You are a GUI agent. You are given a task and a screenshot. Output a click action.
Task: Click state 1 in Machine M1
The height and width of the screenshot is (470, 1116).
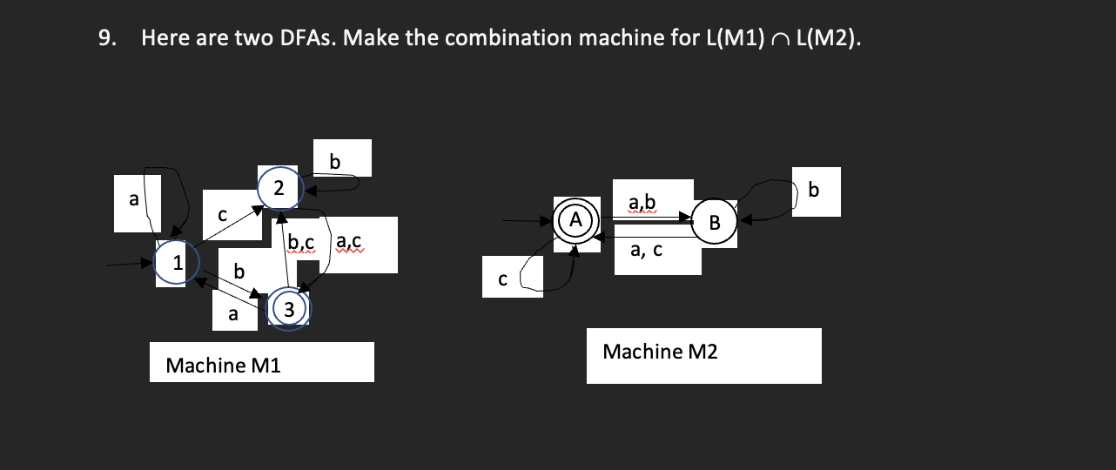click(177, 263)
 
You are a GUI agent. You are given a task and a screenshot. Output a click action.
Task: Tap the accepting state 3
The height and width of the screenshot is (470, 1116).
click(290, 308)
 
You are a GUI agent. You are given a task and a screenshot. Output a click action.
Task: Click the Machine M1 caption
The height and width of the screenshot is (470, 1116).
click(223, 365)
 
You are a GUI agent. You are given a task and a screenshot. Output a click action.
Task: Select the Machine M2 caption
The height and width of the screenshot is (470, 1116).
click(660, 352)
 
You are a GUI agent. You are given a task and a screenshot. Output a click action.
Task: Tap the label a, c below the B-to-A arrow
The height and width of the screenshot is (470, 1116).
click(646, 251)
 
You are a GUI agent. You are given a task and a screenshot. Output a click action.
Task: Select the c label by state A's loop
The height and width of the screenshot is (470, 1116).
click(501, 279)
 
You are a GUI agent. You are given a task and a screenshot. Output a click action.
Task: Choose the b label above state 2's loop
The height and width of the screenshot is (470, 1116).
click(335, 160)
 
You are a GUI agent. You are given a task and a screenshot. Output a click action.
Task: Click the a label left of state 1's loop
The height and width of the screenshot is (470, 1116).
click(133, 199)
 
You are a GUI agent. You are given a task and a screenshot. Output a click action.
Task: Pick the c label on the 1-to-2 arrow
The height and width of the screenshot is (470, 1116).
click(222, 212)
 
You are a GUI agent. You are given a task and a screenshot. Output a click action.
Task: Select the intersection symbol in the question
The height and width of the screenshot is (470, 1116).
click(780, 39)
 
